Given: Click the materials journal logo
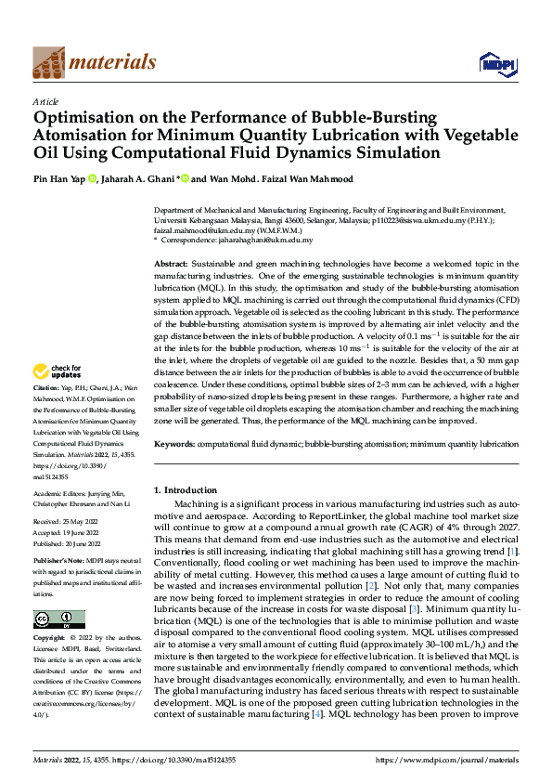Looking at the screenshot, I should click(x=94, y=62).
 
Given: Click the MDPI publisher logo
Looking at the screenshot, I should click(x=496, y=63).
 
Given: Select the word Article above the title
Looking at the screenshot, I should click(x=45, y=101).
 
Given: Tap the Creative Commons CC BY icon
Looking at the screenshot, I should click(x=58, y=619).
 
